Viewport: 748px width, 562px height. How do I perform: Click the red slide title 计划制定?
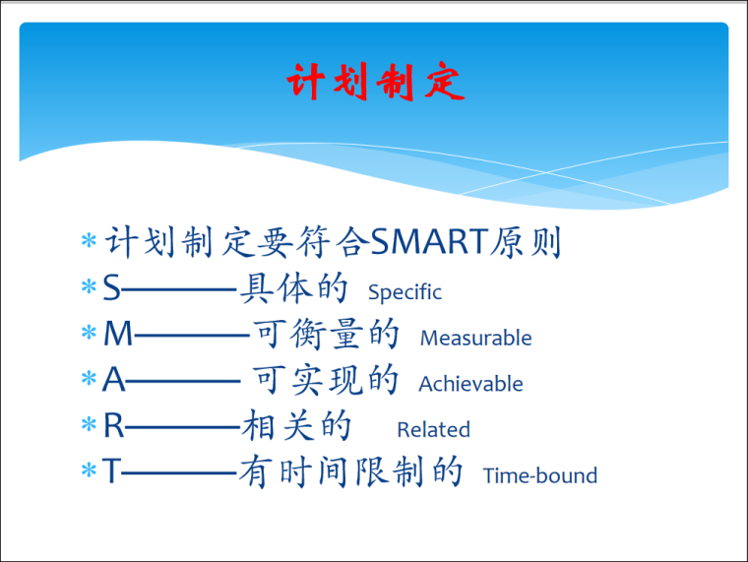(x=375, y=83)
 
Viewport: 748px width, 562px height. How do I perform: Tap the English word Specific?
(x=405, y=292)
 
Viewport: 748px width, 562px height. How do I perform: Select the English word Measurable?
(x=475, y=338)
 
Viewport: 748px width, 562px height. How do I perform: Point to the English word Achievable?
(x=470, y=384)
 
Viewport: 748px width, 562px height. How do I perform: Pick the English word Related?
(x=433, y=430)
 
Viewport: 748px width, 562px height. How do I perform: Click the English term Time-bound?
(x=539, y=476)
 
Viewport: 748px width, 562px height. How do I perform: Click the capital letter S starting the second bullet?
(x=112, y=288)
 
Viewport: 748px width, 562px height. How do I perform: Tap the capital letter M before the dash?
(x=117, y=335)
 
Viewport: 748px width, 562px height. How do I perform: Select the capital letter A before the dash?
(x=114, y=381)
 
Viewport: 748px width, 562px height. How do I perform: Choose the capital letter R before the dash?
(x=114, y=427)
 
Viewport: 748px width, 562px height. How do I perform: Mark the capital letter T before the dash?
(x=111, y=472)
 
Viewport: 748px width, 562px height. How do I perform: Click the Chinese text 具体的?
(x=294, y=287)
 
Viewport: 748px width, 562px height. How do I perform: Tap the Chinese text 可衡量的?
(x=327, y=334)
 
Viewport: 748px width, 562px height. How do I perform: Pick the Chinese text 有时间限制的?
(x=350, y=472)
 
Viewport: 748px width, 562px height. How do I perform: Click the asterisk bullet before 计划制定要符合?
(x=89, y=242)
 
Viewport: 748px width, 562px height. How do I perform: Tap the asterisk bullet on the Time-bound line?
(x=89, y=473)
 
